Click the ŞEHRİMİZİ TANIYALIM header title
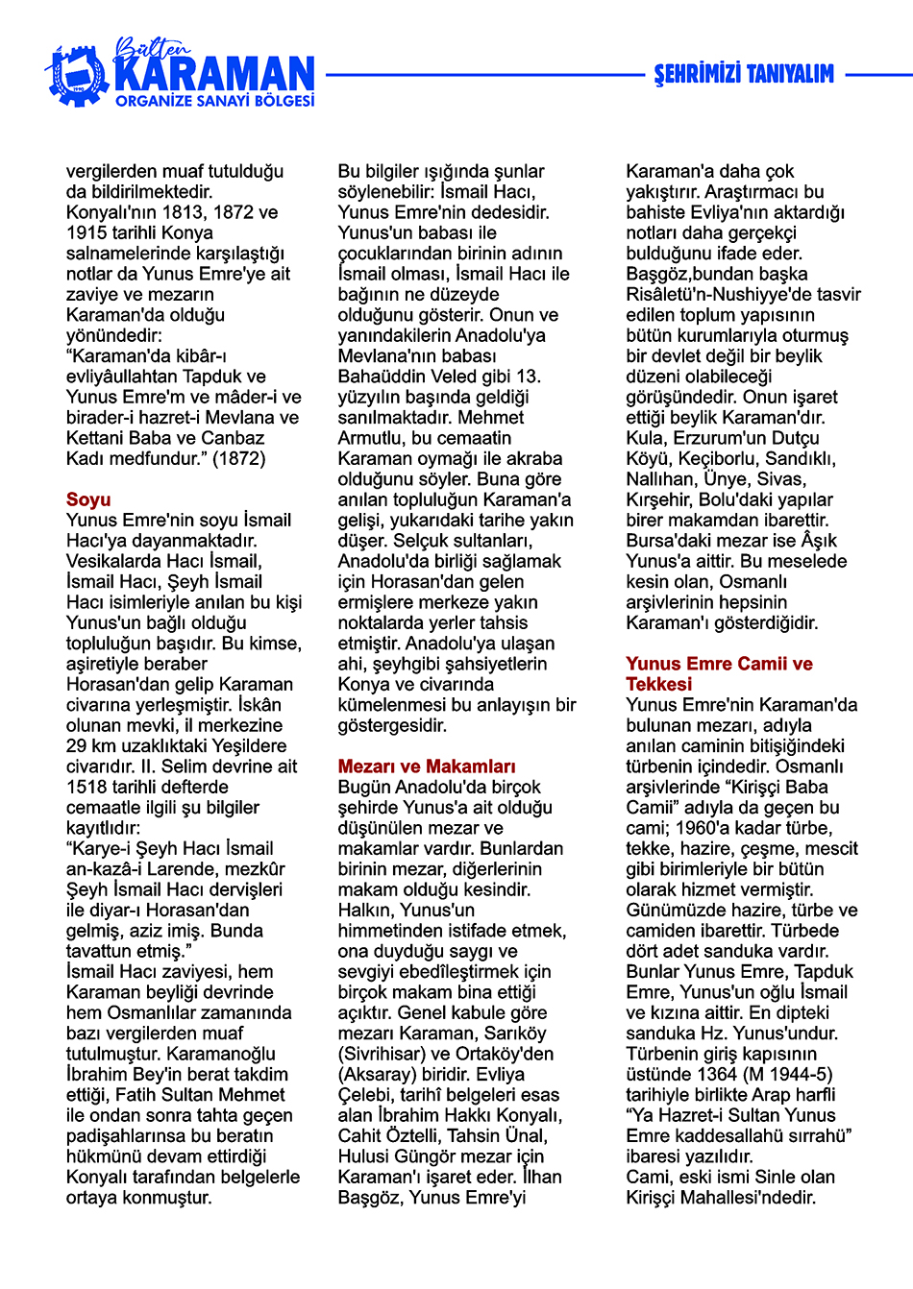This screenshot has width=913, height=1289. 744,74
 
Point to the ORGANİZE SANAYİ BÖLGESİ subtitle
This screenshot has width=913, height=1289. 214,101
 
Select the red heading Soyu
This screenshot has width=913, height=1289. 88,499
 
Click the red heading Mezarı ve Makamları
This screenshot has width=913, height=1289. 427,766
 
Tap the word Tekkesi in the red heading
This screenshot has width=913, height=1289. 658,684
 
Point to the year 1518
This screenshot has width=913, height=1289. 86,787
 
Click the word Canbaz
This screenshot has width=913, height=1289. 231,438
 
